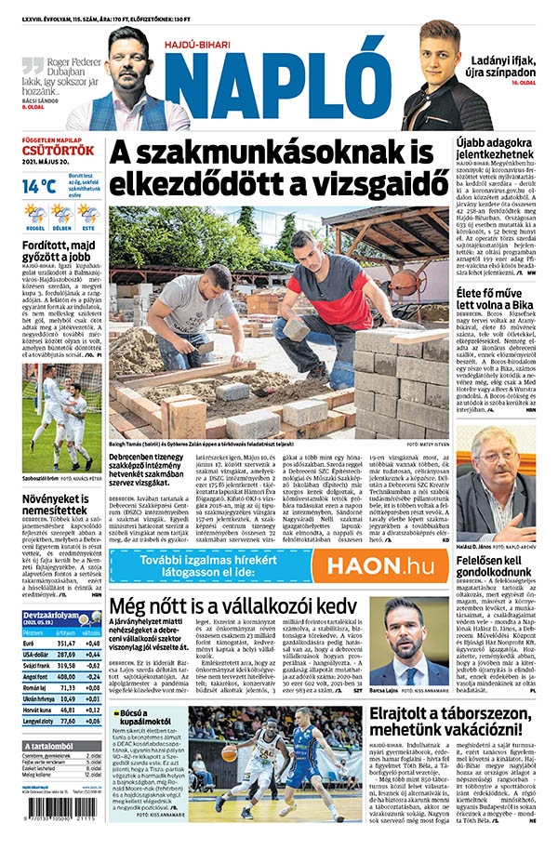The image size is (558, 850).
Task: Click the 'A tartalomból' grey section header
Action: click(50, 745)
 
